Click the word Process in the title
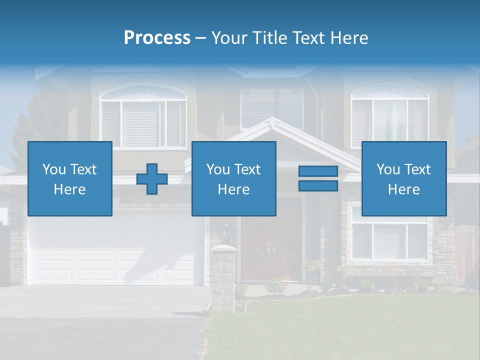pyautogui.click(x=157, y=38)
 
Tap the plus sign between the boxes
pyautogui.click(x=152, y=179)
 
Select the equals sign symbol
pyautogui.click(x=318, y=178)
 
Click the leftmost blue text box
pyautogui.click(x=70, y=178)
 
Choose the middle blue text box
pyautogui.click(x=233, y=178)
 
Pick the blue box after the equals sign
pyautogui.click(x=403, y=178)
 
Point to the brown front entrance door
pyautogui.click(x=271, y=247)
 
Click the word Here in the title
pyautogui.click(x=350, y=38)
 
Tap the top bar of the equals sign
pyautogui.click(x=318, y=171)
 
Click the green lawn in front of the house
pyautogui.click(x=350, y=325)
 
